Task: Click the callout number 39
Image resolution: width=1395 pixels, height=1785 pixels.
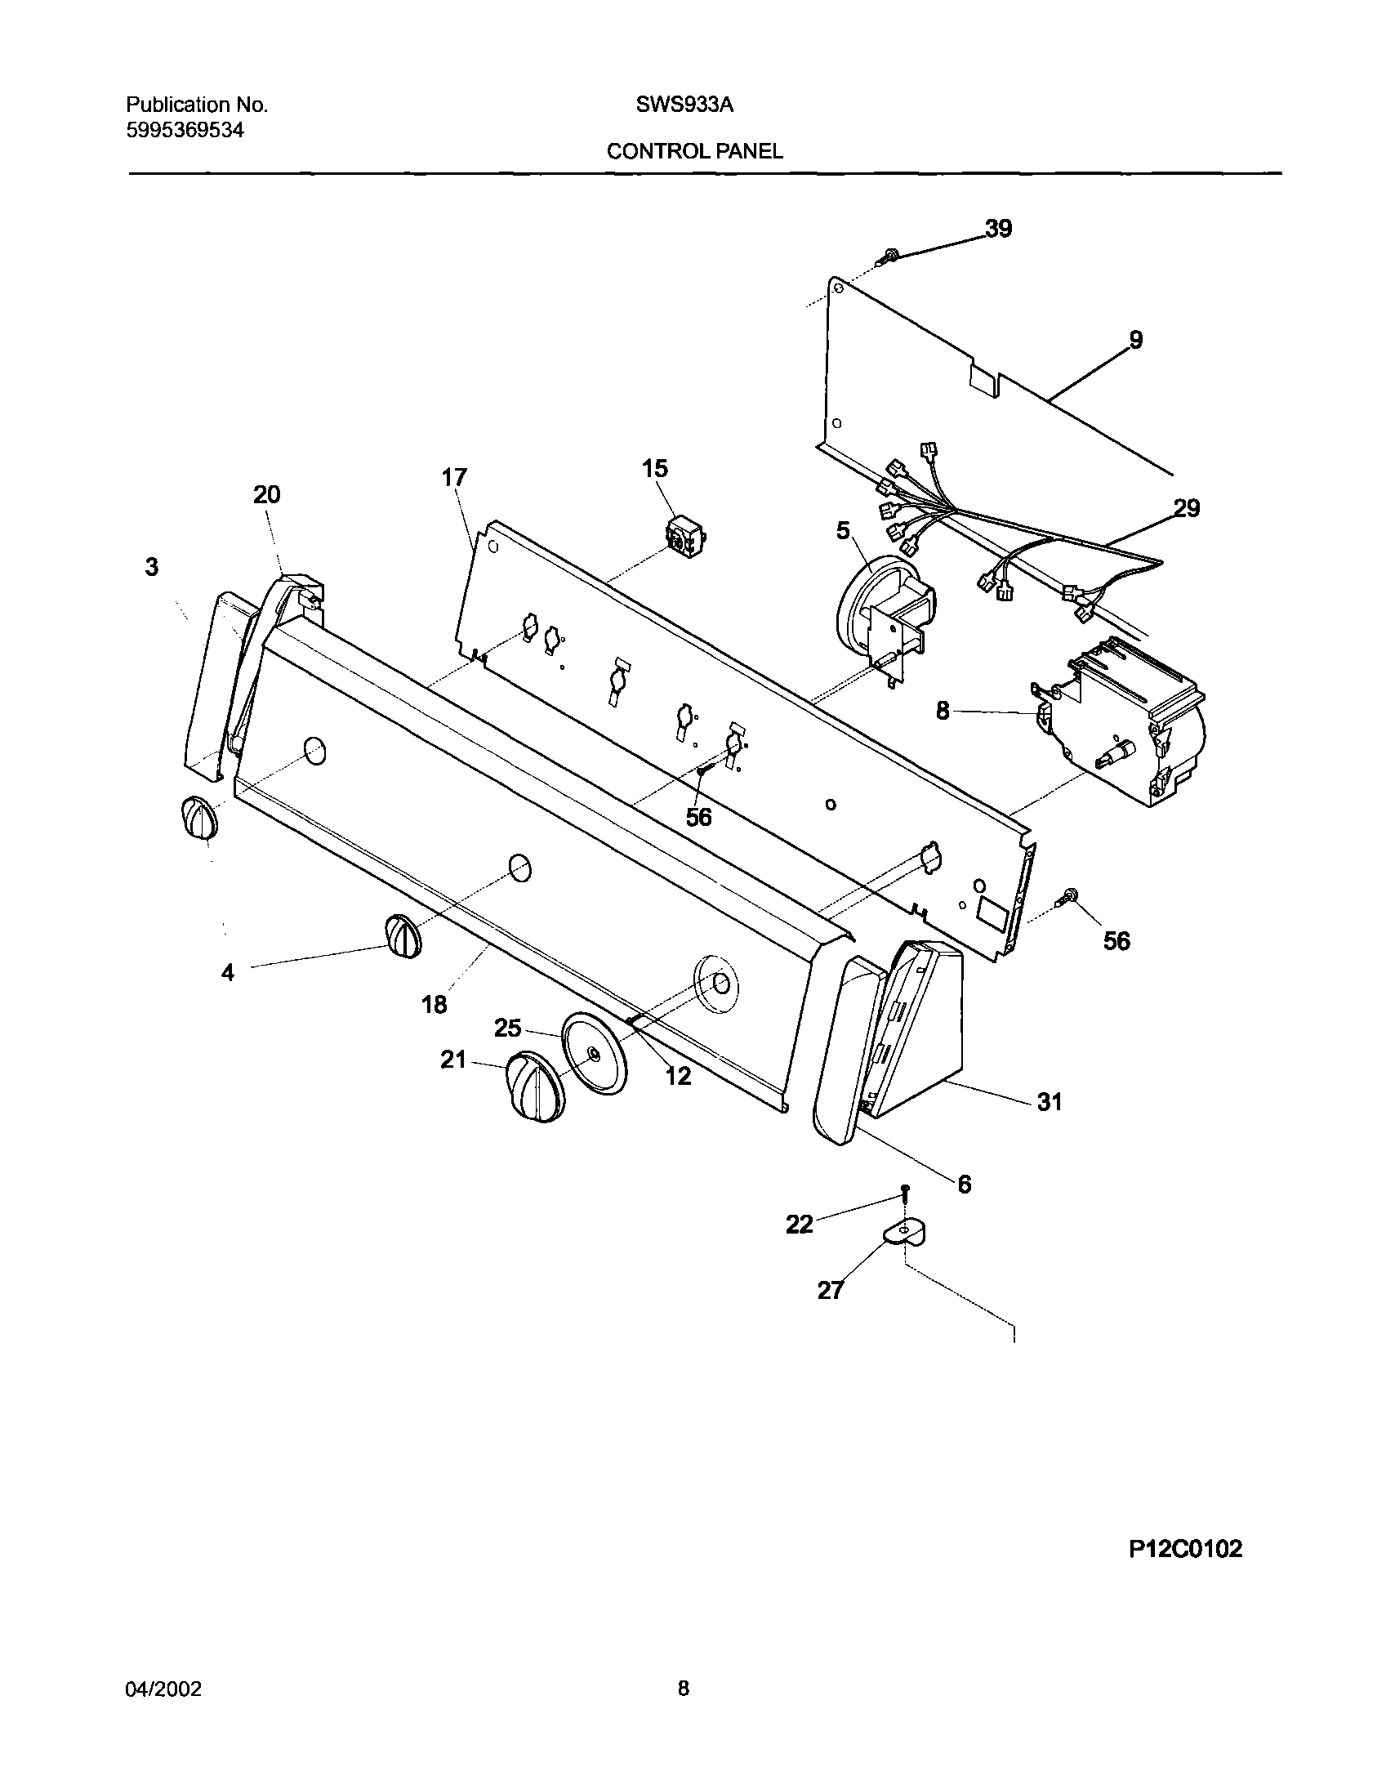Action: click(998, 229)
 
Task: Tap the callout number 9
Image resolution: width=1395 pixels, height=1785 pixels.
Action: click(1136, 339)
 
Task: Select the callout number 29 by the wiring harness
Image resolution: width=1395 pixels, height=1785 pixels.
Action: click(1187, 508)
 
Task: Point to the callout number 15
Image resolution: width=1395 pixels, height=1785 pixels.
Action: click(654, 468)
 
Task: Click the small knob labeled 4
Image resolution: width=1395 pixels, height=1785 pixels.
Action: click(401, 936)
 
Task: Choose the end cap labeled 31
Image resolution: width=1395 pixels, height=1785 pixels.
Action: click(924, 1030)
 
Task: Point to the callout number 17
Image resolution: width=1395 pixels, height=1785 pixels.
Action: click(454, 477)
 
